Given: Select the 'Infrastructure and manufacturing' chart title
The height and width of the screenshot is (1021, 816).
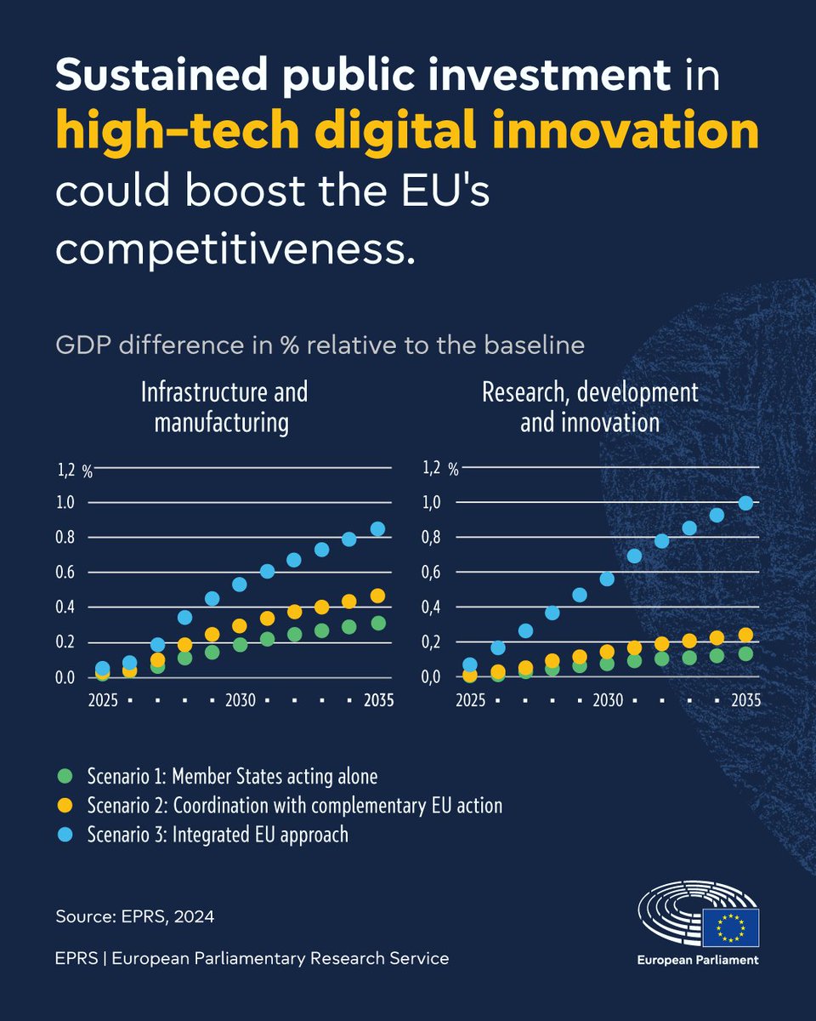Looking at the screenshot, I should [223, 407].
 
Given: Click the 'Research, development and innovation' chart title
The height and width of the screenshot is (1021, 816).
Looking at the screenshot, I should [589, 407].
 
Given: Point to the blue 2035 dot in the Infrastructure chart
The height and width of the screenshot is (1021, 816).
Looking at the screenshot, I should [377, 528].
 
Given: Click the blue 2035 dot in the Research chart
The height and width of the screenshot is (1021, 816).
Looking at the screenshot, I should [745, 503].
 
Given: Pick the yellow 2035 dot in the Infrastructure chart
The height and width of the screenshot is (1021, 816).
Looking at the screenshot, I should [377, 596].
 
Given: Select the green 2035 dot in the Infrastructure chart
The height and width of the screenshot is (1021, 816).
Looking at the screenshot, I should [377, 624].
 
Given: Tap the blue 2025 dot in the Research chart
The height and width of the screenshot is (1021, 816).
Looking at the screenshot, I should [470, 665].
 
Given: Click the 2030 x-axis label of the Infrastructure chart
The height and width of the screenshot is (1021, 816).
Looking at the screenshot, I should [241, 701].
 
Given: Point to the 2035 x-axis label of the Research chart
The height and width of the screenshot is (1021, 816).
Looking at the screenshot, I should [745, 701].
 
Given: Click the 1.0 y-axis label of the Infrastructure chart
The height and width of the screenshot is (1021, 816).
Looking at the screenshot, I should [66, 503].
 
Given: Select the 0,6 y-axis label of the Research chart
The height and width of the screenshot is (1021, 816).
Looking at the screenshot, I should [433, 573].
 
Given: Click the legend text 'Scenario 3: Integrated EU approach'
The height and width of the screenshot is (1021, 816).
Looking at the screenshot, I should [218, 834].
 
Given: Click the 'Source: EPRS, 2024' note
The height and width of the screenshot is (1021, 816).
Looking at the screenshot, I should [134, 916].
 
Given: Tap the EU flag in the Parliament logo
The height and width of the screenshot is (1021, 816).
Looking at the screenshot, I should [730, 927].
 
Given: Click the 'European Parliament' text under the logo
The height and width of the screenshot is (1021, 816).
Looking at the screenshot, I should [698, 960].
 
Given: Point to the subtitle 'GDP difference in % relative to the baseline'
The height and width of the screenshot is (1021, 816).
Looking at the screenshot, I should [320, 345].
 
